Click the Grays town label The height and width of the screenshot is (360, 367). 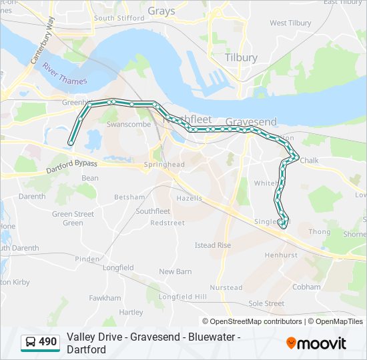161,11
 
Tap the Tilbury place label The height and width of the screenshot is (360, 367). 241,57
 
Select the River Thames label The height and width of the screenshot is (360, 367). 63,73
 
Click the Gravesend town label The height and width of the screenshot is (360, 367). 251,122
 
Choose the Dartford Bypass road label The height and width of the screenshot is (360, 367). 72,166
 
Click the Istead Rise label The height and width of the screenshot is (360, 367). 213,245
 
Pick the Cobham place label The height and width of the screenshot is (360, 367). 306,287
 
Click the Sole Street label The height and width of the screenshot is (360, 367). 266,303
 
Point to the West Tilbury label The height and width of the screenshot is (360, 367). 290,23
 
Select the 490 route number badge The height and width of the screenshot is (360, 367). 41,343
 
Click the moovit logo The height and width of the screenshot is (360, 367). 316,343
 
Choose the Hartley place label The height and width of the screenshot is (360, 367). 131,312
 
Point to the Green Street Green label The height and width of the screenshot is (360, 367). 73,218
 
